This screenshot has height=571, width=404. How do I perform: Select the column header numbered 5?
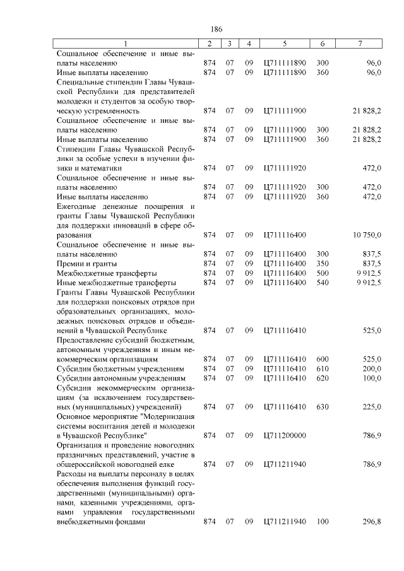285,44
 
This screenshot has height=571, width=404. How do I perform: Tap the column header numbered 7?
359,44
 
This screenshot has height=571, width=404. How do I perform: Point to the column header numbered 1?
125,44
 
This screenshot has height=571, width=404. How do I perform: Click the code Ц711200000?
285,435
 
